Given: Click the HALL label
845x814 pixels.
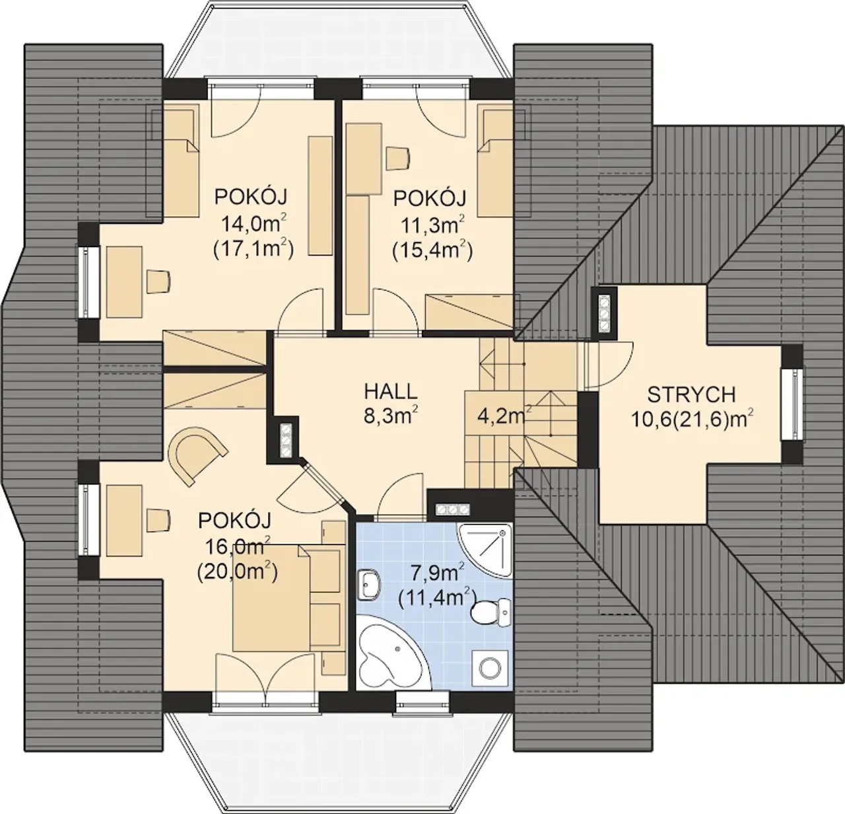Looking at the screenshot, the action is point(391,391).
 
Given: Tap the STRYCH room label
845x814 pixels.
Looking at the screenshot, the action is point(691,394).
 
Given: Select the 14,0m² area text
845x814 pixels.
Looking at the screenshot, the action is point(254,224).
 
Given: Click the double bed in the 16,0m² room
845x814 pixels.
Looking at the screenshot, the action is point(271,599).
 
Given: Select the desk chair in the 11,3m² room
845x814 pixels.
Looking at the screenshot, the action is point(398,158).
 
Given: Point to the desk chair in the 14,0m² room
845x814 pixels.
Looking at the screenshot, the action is point(158,281).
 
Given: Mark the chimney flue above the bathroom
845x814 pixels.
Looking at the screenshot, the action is point(452,509).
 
